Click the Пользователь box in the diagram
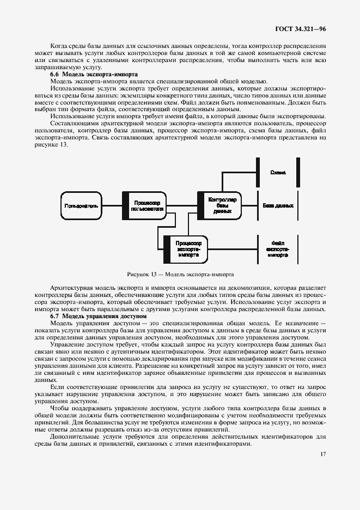(81, 206)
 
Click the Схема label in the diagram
(278, 172)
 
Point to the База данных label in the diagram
(278, 206)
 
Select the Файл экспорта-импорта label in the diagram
(277, 248)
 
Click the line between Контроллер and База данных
(249, 206)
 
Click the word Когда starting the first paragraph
(60, 46)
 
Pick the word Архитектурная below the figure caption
(69, 287)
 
